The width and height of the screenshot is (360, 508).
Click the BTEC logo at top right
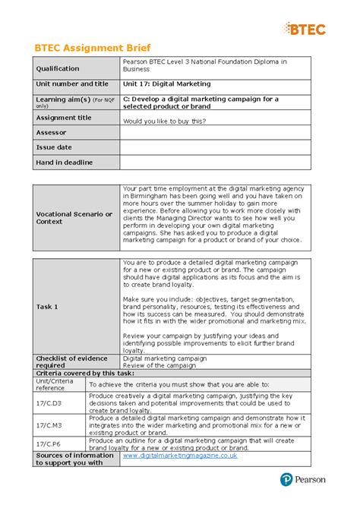(304, 29)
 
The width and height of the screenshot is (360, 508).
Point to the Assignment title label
(64, 118)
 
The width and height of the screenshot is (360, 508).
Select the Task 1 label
(48, 306)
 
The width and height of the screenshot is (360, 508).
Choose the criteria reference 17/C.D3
(49, 402)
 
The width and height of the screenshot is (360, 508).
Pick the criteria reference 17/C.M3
(49, 424)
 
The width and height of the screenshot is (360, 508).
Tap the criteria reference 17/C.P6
(49, 443)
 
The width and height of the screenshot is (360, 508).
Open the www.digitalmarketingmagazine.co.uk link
(180, 456)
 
